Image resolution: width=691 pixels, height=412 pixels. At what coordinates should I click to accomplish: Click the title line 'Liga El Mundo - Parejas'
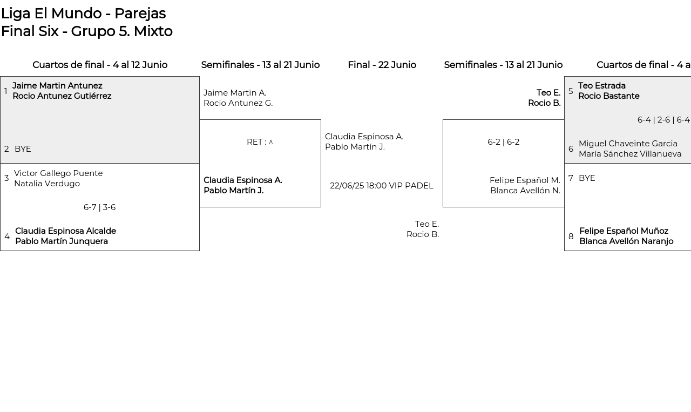84,14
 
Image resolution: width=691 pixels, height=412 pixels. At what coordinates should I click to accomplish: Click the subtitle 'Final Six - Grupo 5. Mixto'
87,31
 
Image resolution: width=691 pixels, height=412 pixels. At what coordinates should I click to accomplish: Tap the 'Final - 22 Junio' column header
382,65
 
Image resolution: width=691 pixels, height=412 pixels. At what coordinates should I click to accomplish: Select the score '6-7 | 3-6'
100,207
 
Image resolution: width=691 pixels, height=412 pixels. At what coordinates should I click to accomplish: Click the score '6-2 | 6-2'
504,142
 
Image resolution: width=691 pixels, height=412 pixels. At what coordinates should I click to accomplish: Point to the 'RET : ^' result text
260,142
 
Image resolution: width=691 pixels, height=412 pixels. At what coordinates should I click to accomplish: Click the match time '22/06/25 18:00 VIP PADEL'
382,186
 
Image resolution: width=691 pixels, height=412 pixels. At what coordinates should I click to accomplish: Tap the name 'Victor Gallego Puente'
58,173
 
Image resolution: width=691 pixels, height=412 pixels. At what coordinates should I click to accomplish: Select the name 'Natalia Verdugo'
47,184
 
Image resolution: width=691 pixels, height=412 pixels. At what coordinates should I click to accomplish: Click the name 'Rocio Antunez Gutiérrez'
62,96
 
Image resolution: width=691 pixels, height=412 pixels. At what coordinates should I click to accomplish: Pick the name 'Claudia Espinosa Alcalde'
66,231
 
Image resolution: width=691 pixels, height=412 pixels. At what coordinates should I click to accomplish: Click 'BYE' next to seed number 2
23,149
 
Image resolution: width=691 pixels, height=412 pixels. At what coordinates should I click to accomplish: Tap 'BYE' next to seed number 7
587,178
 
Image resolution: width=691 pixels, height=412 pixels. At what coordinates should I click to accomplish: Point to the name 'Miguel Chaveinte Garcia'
628,144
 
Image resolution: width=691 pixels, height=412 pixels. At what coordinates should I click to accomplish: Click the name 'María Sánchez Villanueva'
630,154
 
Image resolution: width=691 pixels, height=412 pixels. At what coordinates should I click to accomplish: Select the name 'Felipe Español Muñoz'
624,231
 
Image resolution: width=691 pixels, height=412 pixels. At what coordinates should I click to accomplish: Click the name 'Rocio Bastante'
609,96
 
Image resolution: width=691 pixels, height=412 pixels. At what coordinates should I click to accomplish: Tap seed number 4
7,237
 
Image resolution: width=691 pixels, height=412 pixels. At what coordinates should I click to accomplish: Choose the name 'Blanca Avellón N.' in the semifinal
525,191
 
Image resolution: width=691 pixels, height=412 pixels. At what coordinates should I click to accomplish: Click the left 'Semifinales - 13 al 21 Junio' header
260,65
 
